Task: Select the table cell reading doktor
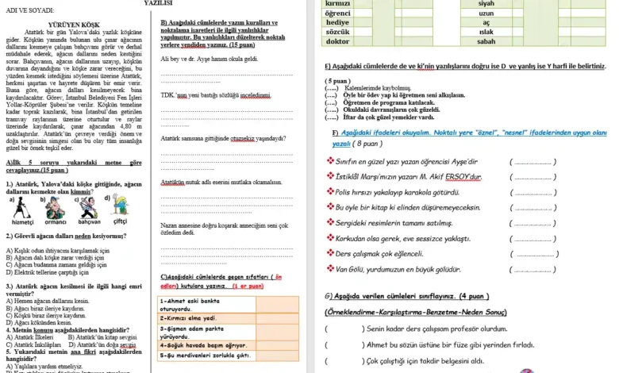click(338, 41)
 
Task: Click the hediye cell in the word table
click(338, 23)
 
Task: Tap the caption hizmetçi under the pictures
click(23, 222)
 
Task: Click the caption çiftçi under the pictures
click(121, 221)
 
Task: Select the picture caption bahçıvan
click(89, 223)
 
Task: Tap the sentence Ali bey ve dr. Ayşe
click(209, 59)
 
